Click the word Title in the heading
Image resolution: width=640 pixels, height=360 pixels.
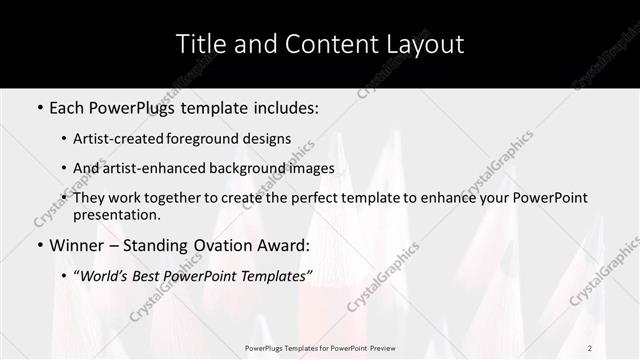pos(200,44)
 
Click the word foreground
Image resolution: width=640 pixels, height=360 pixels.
pos(220,139)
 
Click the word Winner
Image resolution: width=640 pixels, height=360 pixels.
pos(79,245)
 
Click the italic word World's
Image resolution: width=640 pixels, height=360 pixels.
pos(105,275)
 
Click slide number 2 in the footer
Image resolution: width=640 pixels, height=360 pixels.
pos(590,348)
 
